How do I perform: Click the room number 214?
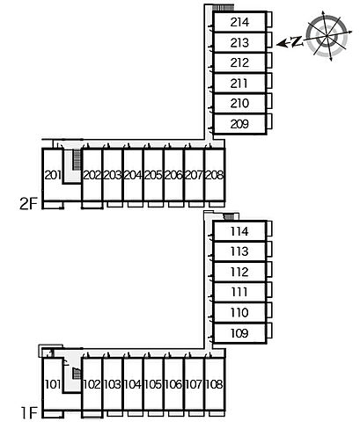[239, 22]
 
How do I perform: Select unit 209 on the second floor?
[239, 124]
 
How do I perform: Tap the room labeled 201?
[53, 175]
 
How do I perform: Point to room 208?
[215, 175]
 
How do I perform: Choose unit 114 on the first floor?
[239, 231]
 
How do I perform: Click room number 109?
[239, 333]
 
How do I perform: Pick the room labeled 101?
[53, 384]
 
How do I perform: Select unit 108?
[215, 384]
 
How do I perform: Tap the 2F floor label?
[29, 204]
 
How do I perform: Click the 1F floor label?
[30, 413]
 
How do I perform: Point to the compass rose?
[327, 36]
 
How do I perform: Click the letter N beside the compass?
[297, 41]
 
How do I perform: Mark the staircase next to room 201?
[77, 159]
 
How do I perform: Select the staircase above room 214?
[223, 8]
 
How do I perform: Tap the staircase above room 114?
[229, 217]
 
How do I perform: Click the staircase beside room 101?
[77, 374]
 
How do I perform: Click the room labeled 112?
[239, 272]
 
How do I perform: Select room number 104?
[133, 384]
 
